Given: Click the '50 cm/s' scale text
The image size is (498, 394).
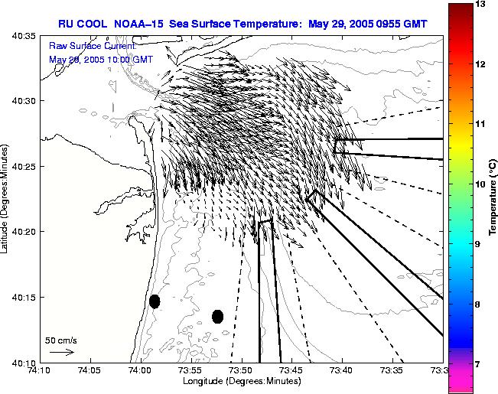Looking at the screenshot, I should [61, 340].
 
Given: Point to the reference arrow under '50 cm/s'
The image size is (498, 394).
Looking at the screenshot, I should [61, 352].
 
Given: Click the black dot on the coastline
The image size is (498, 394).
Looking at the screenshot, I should [155, 301].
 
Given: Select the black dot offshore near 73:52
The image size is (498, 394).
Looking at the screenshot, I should [217, 316].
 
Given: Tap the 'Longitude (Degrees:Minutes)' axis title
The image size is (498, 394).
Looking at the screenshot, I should [241, 382].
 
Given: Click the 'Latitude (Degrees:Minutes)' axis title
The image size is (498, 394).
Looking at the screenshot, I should [6, 198].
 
